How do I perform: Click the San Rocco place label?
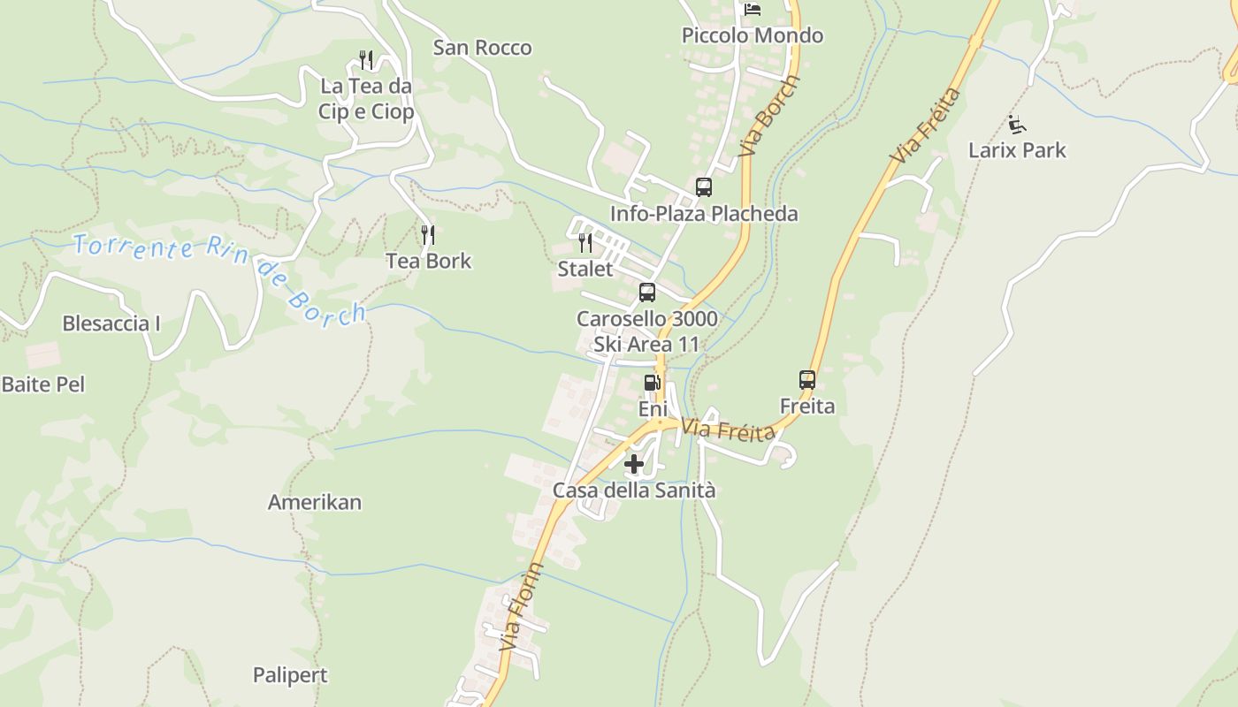click(482, 48)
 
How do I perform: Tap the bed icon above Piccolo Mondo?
click(753, 9)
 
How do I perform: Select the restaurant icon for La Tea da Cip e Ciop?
click(366, 60)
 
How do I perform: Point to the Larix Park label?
click(1017, 150)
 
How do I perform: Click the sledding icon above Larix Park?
click(1017, 125)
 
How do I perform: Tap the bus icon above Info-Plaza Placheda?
click(704, 187)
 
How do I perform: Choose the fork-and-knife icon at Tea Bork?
click(428, 235)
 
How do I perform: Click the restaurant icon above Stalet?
click(585, 243)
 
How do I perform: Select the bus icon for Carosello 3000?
click(647, 293)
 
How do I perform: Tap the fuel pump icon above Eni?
click(652, 383)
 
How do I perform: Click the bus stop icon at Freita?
click(807, 380)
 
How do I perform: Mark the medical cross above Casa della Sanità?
click(634, 463)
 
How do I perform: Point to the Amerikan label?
click(315, 503)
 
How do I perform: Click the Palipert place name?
click(290, 676)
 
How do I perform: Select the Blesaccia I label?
click(111, 323)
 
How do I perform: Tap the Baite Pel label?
click(43, 384)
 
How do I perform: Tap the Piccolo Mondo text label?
click(753, 36)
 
